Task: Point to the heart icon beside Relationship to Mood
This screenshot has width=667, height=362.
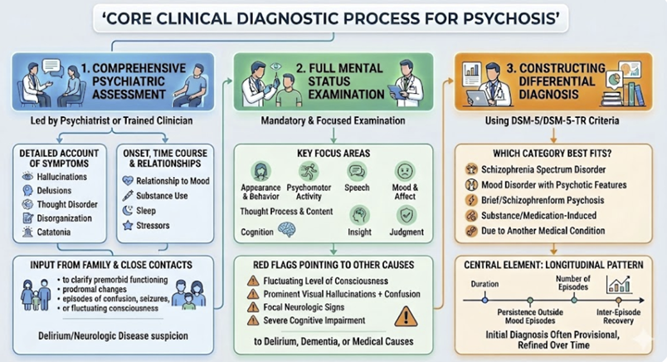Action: pyautogui.click(x=127, y=180)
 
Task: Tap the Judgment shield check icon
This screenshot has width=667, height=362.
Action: pyautogui.click(x=407, y=213)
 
